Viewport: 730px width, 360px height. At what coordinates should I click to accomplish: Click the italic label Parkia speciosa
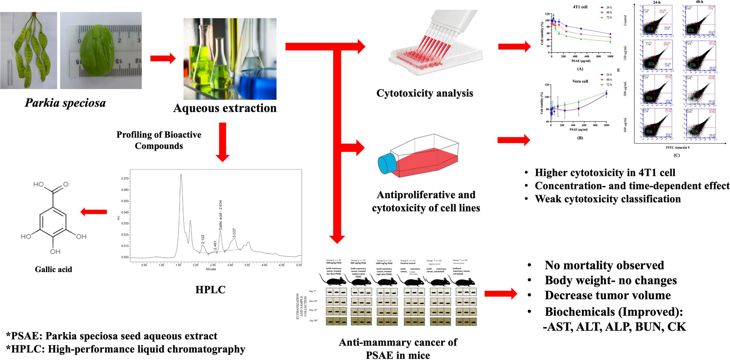pos(65,103)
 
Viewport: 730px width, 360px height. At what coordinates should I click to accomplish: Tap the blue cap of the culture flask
pos(387,163)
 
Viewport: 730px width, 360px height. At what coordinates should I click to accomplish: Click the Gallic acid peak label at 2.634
pos(221,215)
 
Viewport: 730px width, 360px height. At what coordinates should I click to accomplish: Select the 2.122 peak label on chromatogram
pos(203,239)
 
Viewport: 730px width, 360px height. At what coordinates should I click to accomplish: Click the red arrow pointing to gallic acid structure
pos(93,212)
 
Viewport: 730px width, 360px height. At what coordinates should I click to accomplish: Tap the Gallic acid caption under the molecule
pos(53,269)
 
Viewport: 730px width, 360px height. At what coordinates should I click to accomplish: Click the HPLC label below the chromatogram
pos(210,290)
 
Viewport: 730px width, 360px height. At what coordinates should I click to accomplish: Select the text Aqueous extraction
pos(225,108)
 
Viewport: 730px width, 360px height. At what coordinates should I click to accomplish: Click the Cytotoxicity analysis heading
pos(424,93)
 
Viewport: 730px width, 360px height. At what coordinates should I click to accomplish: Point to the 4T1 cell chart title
pos(580,7)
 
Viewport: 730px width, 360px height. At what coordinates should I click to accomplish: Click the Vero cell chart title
pos(580,81)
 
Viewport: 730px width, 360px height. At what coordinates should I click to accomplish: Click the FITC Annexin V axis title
pos(678,147)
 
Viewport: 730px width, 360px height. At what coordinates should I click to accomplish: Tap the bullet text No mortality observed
pos(604,265)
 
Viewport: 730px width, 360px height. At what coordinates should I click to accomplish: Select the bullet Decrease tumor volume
pos(607,295)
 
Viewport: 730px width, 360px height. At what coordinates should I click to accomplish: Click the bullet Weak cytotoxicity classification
pos(607,199)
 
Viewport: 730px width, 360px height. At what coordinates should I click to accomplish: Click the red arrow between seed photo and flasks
pos(162,58)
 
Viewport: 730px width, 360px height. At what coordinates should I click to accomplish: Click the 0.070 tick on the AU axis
pos(125,179)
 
